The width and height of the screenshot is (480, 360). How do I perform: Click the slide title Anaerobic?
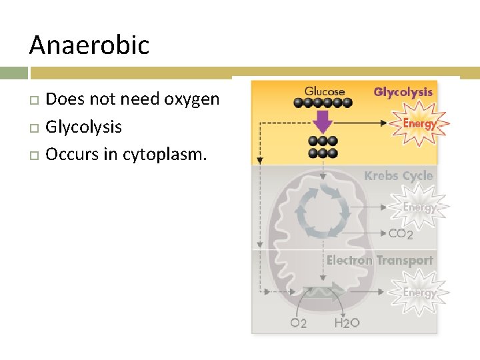[89, 45]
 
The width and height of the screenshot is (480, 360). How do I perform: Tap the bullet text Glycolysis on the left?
[83, 127]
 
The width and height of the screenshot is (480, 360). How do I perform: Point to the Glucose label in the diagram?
[325, 91]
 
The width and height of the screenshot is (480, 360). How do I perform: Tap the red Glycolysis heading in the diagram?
[403, 92]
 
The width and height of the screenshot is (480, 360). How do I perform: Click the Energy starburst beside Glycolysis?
[419, 123]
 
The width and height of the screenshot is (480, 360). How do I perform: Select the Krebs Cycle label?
[398, 176]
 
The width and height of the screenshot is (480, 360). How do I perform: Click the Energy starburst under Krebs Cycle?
[419, 207]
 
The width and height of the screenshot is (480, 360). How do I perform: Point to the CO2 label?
[401, 233]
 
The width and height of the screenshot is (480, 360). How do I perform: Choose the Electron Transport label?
[379, 261]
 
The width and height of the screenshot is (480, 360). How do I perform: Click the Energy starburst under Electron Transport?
[419, 293]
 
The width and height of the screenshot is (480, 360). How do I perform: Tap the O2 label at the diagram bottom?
[299, 323]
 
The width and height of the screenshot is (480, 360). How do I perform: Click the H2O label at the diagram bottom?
[347, 323]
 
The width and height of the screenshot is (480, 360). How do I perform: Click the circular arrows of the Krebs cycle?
[323, 213]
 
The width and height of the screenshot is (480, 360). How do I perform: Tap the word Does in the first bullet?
[61, 99]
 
